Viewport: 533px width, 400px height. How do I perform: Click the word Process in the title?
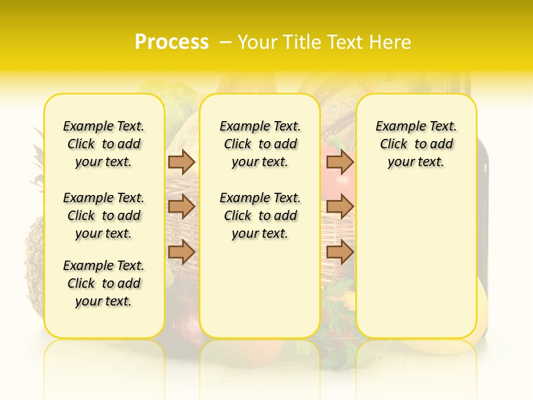coord(172,42)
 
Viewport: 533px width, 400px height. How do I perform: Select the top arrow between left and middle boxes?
coord(182,162)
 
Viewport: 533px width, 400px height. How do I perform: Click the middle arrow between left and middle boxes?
coord(182,207)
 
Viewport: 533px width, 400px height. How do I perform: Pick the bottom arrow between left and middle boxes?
coord(182,252)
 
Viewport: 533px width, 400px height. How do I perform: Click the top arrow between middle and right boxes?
coord(340,162)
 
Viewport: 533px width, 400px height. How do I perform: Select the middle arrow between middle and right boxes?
coord(340,207)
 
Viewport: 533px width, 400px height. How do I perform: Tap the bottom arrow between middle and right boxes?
coord(340,252)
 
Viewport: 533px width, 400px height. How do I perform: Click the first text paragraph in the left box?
coord(104,144)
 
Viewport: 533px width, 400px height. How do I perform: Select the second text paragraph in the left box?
coord(104,216)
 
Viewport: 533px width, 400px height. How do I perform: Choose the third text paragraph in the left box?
coord(104,283)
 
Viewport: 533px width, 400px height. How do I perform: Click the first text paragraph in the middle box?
coord(260,144)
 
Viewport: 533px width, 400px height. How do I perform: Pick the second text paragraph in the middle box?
coord(260,216)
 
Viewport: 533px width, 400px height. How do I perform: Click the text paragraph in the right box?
coord(416,144)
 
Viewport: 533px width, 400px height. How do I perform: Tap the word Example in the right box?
coord(396,127)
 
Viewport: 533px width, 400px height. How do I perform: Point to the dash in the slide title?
coord(225,42)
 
